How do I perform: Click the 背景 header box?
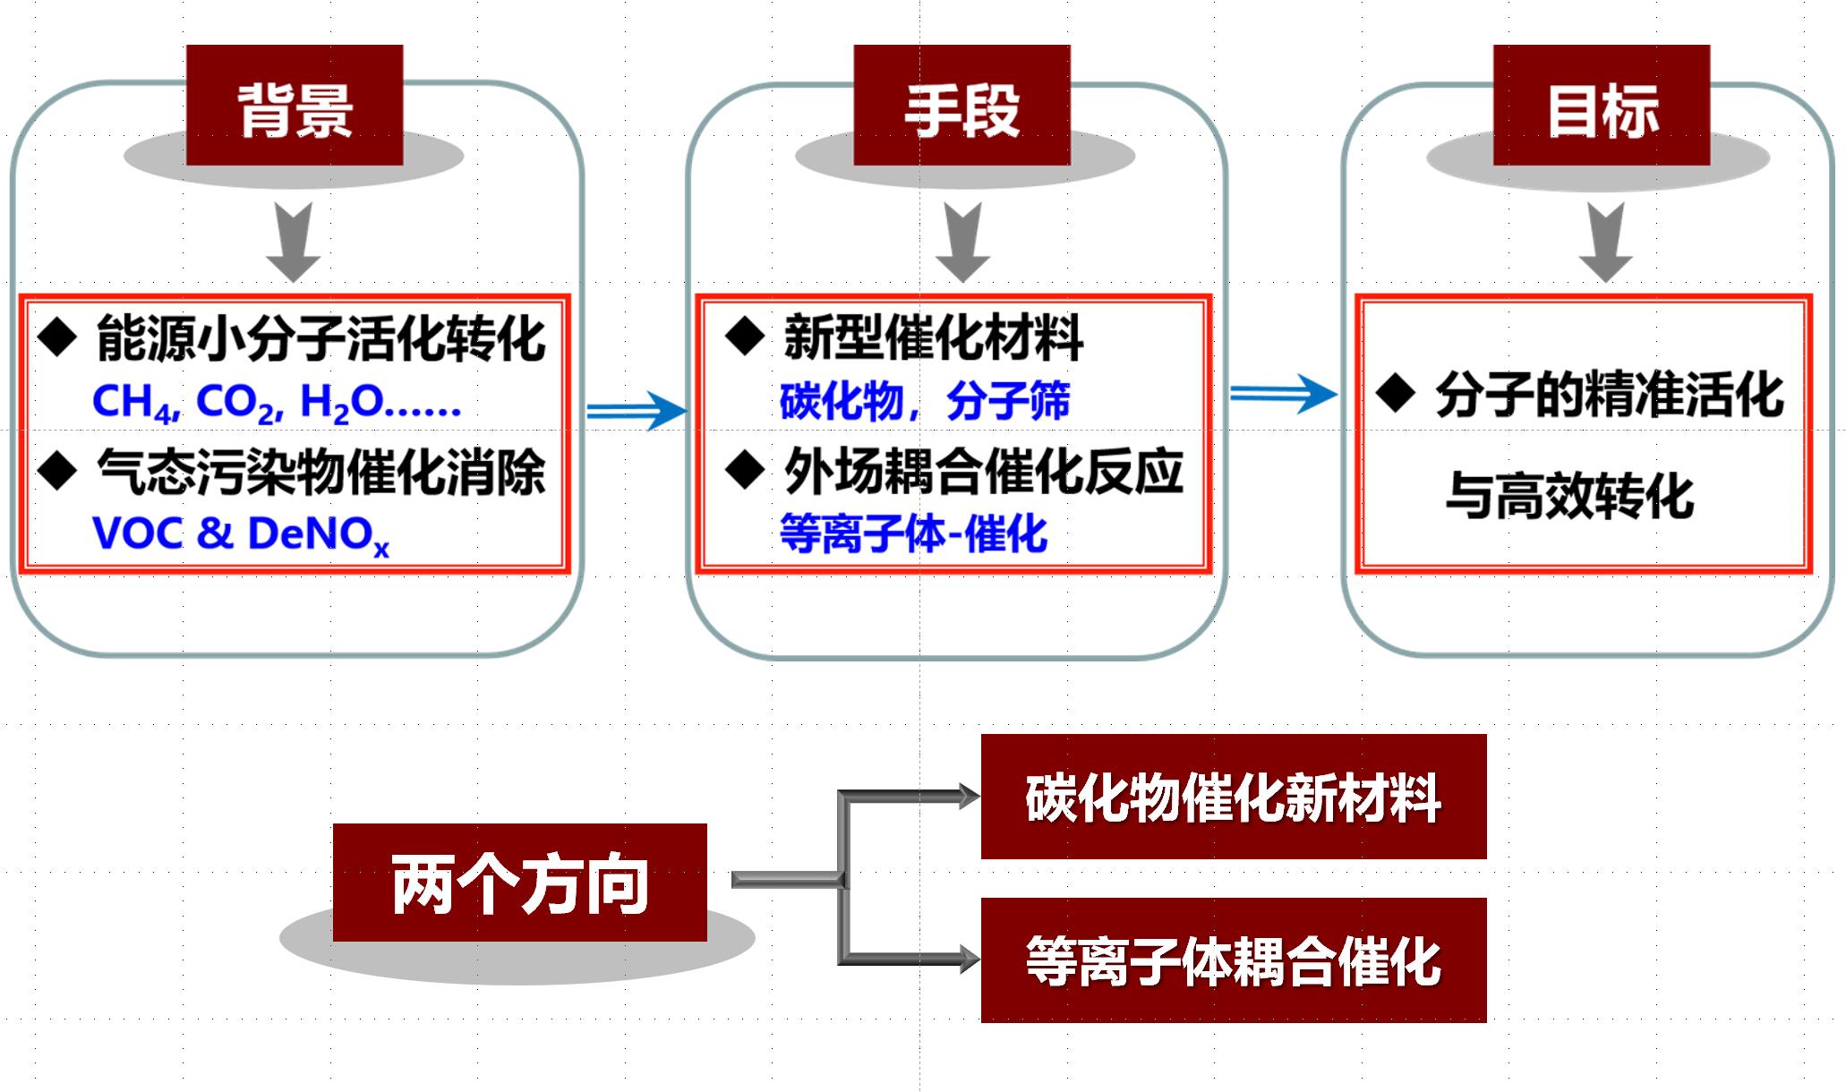[295, 106]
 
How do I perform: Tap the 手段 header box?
[961, 106]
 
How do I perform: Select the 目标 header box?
[1602, 106]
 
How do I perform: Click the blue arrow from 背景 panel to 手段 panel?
[637, 411]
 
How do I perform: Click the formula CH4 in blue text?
[133, 403]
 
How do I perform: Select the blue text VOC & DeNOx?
[240, 534]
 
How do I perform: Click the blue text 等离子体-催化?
[913, 534]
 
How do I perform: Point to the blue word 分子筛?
[1008, 401]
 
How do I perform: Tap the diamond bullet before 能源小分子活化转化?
[58, 338]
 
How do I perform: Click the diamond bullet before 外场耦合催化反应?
[745, 470]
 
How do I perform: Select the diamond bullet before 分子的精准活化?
[1396, 393]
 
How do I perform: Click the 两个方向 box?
[519, 883]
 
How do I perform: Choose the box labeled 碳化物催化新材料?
[1233, 797]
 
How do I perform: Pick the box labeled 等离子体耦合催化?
[1233, 960]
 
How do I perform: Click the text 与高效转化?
[1569, 497]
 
